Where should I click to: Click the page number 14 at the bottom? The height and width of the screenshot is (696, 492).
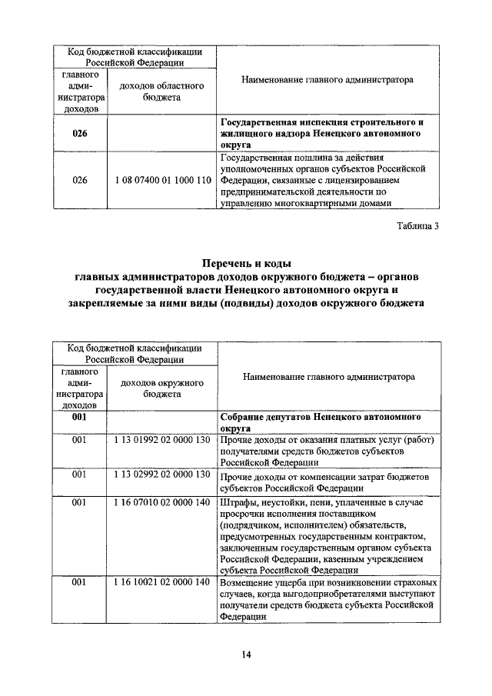[246, 654]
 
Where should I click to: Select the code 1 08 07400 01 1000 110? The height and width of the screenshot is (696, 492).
[161, 180]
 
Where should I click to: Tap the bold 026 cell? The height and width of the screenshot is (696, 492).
[80, 133]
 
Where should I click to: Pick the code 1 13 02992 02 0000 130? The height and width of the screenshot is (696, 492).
[161, 475]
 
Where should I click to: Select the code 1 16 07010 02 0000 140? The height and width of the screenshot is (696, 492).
[161, 502]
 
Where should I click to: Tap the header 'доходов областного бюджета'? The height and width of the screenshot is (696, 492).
[161, 92]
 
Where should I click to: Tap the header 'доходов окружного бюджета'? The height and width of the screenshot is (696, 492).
[161, 388]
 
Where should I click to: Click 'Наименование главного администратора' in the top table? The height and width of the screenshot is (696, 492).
[327, 79]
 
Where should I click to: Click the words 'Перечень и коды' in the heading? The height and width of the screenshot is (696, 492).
[247, 264]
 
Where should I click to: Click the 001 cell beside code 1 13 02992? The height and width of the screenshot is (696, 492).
[80, 475]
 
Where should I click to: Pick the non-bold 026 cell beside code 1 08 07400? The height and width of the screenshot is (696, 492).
[80, 180]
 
